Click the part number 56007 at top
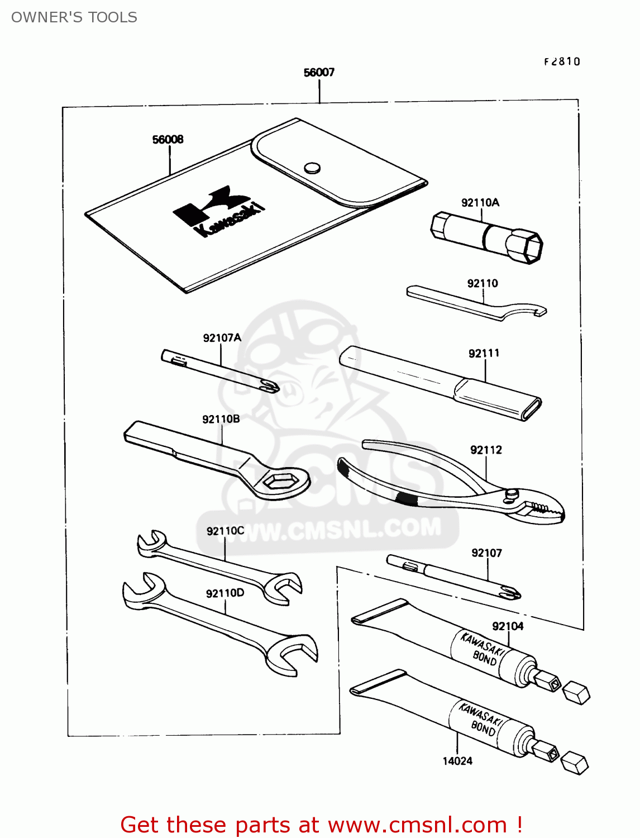[319, 73]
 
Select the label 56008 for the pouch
[168, 140]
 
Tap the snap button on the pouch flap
[312, 168]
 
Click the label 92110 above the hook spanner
[483, 284]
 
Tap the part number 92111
[484, 354]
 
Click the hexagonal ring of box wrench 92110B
[279, 480]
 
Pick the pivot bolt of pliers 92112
[511, 494]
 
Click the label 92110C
[225, 531]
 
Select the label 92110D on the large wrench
[225, 593]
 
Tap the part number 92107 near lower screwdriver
[486, 553]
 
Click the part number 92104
[508, 626]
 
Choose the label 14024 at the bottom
[457, 761]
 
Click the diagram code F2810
[562, 62]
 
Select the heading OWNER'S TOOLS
[74, 17]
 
